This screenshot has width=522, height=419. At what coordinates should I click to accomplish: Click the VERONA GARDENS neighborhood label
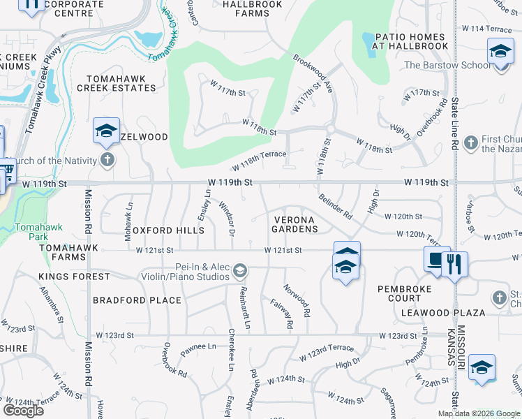pos(294,224)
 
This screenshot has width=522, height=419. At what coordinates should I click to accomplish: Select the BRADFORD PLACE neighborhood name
pos(137,300)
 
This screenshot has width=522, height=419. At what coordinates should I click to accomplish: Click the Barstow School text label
pos(447,66)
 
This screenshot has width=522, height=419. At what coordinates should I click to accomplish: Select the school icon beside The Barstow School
pos(500,52)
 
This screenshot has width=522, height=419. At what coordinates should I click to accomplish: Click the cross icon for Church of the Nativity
pos(107,161)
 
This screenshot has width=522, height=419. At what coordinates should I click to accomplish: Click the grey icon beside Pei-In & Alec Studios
pos(240,270)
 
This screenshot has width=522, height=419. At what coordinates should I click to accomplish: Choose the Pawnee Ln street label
pos(199,347)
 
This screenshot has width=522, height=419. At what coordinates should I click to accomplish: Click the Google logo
pos(23,410)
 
